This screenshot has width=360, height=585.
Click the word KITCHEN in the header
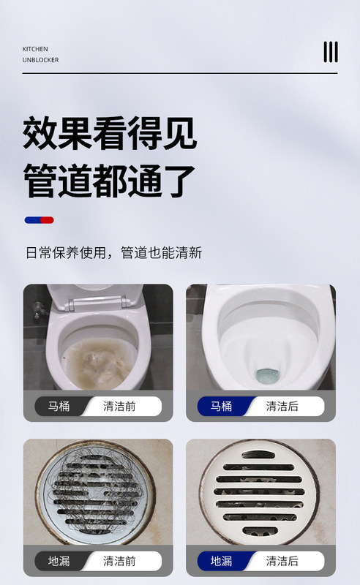click(x=35, y=49)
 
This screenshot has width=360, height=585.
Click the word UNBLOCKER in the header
click(x=40, y=60)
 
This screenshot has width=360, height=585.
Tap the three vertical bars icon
click(x=331, y=52)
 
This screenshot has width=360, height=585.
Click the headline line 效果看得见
click(x=110, y=134)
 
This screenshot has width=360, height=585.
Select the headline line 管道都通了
click(x=110, y=181)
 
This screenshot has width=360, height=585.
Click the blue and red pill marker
click(x=40, y=220)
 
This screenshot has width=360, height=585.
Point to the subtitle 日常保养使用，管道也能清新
click(x=114, y=252)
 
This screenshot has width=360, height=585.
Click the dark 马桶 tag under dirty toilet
click(x=59, y=406)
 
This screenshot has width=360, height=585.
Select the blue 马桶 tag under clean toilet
click(x=222, y=406)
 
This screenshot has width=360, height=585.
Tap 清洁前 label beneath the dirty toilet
click(x=119, y=406)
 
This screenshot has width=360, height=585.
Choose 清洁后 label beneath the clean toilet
click(x=282, y=406)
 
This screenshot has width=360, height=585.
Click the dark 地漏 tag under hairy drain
click(x=59, y=561)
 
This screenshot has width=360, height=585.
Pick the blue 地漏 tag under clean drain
click(x=222, y=561)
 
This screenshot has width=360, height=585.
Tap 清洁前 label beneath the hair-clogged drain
click(x=119, y=561)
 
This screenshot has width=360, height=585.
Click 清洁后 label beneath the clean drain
click(x=282, y=561)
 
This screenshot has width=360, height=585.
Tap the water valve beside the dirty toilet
click(x=39, y=309)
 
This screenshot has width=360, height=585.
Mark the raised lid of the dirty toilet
click(x=95, y=298)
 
